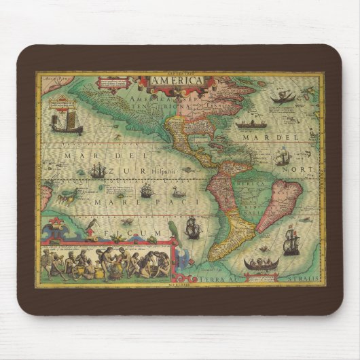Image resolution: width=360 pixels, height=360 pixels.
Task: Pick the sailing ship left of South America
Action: [193, 227]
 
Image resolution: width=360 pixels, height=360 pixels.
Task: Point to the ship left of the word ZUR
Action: [97, 170]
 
